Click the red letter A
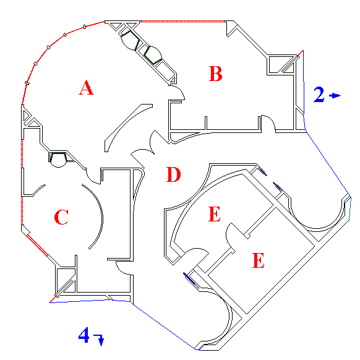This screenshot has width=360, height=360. click(x=87, y=87)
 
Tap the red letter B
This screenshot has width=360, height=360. click(x=216, y=74)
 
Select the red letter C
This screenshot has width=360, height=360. click(x=61, y=217)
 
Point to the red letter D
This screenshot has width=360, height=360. click(x=173, y=174)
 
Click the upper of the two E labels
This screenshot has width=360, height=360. click(x=214, y=214)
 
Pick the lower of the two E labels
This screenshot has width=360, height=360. click(x=259, y=260)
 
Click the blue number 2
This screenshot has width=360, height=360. click(x=319, y=95)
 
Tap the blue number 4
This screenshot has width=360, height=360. click(x=84, y=335)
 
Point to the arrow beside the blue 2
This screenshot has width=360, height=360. click(x=335, y=95)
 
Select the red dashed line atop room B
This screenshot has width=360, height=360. click(x=183, y=22)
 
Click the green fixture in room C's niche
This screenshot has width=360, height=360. click(x=58, y=156)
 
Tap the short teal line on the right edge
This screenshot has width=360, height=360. click(x=350, y=209)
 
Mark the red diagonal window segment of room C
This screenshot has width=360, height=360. click(x=37, y=245)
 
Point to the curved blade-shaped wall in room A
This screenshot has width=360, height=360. click(x=125, y=124)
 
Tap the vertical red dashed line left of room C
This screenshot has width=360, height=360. click(x=22, y=182)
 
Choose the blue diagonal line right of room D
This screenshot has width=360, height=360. click(x=328, y=165)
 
